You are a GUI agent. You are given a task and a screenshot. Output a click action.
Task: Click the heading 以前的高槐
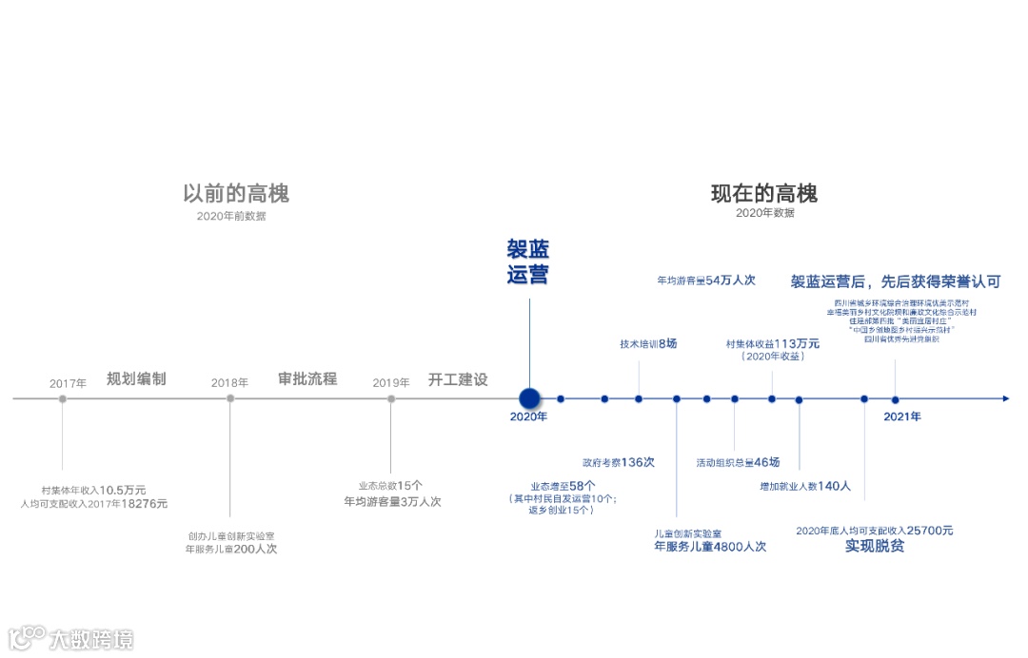pyautogui.click(x=236, y=194)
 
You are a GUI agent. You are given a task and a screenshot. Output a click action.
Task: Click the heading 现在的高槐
pyautogui.click(x=764, y=194)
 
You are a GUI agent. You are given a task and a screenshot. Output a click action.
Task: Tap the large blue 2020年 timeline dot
pyautogui.click(x=529, y=398)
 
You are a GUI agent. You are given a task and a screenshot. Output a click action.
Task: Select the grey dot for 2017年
pyautogui.click(x=63, y=398)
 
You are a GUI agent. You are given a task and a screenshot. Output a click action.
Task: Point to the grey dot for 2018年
pyautogui.click(x=230, y=398)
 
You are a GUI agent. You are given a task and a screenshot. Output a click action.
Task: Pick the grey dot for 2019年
pyautogui.click(x=391, y=398)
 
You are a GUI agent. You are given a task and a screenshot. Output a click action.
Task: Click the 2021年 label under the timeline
pyautogui.click(x=902, y=416)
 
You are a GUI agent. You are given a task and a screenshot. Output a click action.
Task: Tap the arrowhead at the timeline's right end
pyautogui.click(x=1005, y=398)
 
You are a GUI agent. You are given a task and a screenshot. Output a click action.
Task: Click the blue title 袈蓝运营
pyautogui.click(x=528, y=262)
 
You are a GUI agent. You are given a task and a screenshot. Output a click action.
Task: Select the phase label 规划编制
pyautogui.click(x=136, y=378)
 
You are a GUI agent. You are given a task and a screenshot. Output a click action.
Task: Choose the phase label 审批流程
pyautogui.click(x=307, y=378)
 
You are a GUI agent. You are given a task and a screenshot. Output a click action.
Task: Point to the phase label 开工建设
pyautogui.click(x=458, y=379)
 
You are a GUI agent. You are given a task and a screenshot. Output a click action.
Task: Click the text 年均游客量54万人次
pyautogui.click(x=705, y=281)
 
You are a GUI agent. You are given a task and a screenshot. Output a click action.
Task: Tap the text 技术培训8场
pyautogui.click(x=648, y=343)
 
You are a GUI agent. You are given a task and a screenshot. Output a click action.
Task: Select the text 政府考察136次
pyautogui.click(x=619, y=462)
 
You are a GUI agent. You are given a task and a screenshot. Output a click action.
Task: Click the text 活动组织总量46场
pyautogui.click(x=738, y=462)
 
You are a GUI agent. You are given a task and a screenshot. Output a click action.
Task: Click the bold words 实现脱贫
pyautogui.click(x=875, y=547)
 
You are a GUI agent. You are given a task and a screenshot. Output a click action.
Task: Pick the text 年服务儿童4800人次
pyautogui.click(x=710, y=547)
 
